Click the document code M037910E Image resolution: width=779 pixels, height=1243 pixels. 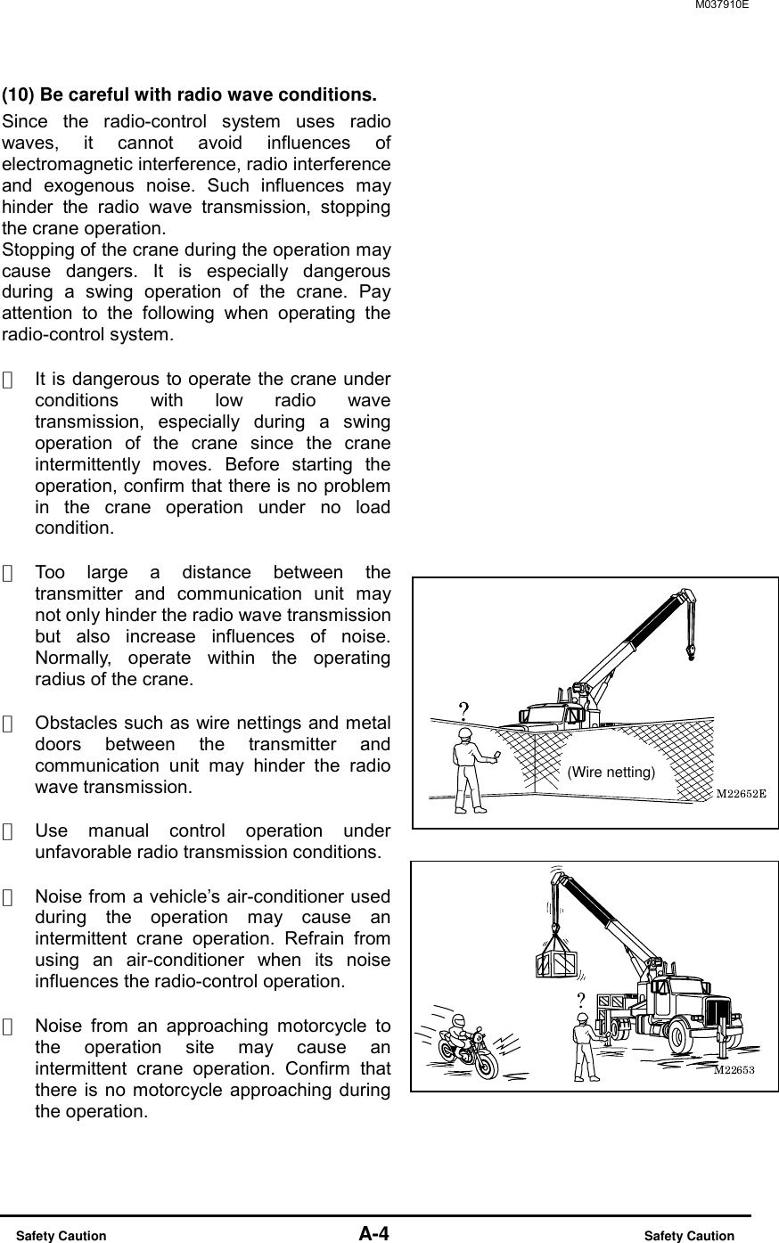click(x=720, y=5)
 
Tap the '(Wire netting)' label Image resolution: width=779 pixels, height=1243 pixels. click(x=611, y=772)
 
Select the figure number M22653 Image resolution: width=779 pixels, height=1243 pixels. click(x=734, y=1070)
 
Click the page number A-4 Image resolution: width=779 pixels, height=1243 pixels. click(x=374, y=1234)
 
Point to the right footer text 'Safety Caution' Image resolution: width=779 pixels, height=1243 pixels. click(x=690, y=1236)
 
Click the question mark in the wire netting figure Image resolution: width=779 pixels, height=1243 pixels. click(x=463, y=710)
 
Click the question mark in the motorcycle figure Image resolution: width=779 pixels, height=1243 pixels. click(x=580, y=999)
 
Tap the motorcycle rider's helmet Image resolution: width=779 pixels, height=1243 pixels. click(x=458, y=1020)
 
